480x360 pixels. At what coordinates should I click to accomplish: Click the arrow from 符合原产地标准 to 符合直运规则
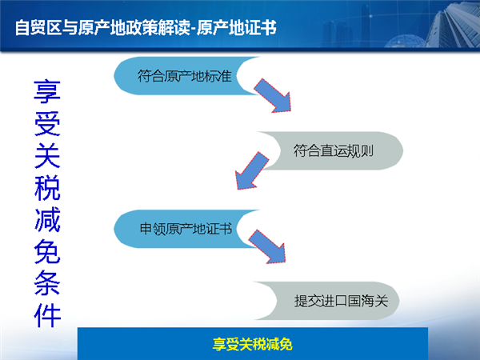pos(272,95)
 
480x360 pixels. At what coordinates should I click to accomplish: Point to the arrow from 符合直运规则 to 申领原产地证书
pos(252,171)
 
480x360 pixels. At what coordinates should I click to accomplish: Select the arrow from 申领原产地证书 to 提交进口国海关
pos(267,246)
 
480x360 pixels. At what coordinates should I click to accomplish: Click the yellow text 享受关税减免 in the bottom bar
pos(253,344)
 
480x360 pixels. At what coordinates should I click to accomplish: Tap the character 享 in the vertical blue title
pos(47,91)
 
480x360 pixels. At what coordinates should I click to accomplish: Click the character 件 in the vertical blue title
pos(47,315)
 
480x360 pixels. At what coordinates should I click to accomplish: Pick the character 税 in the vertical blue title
pos(47,187)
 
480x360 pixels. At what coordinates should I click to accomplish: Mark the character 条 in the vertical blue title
pos(47,283)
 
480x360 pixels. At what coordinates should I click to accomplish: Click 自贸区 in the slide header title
pos(38,27)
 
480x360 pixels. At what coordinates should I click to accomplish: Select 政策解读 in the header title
pos(158,27)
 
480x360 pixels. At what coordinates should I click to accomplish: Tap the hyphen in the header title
pos(193,29)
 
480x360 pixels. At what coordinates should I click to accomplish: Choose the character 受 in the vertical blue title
pos(47,123)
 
